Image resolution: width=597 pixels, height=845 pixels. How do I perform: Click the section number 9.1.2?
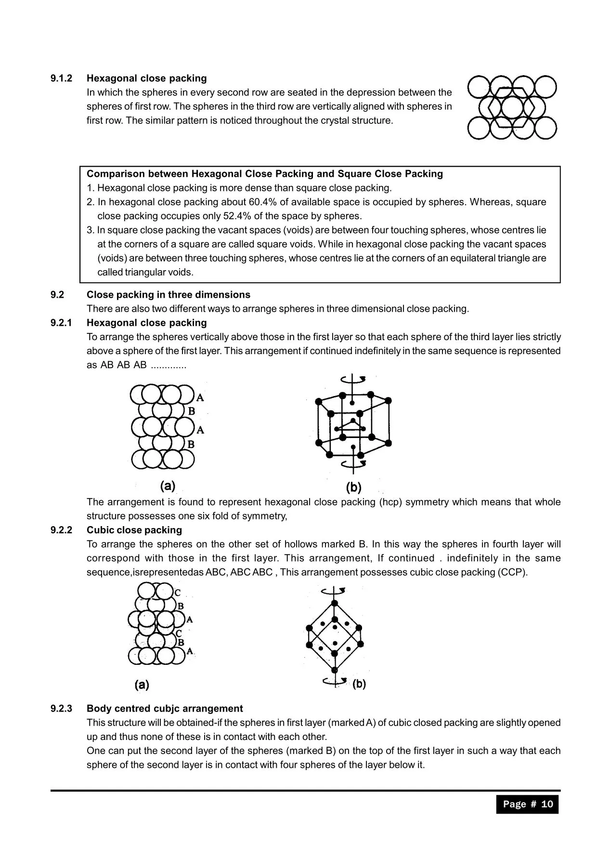(61, 78)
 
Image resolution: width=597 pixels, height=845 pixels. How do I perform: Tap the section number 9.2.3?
(61, 708)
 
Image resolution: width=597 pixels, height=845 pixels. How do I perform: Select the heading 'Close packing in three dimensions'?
(168, 294)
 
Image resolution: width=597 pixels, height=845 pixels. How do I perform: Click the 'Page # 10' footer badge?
(527, 804)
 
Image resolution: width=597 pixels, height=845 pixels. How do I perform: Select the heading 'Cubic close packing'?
(134, 530)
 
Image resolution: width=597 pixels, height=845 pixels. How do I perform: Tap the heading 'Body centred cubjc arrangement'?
(165, 708)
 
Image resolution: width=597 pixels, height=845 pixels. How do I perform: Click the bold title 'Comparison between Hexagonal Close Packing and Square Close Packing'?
(264, 173)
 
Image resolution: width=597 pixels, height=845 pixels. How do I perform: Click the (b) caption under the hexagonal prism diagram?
(353, 487)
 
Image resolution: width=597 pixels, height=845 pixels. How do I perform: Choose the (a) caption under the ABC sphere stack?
(142, 684)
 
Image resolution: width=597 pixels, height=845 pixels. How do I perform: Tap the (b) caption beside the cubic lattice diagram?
(359, 684)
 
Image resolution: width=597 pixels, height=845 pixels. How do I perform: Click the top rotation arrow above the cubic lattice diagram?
(334, 590)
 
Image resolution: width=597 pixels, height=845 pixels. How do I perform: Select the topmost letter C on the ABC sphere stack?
(178, 593)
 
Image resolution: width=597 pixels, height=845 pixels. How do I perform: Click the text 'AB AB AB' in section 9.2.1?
(123, 365)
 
